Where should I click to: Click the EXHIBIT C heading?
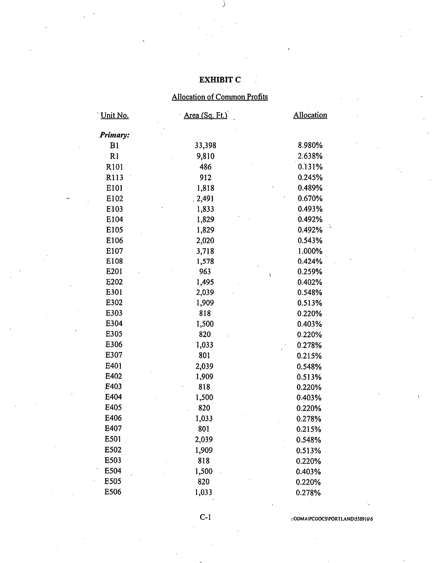pyautogui.click(x=220, y=80)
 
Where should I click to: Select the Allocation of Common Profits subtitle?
pyautogui.click(x=220, y=97)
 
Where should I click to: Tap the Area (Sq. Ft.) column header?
pyautogui.click(x=205, y=115)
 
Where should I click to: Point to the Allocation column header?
pyautogui.click(x=310, y=115)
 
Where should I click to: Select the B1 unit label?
pyautogui.click(x=114, y=146)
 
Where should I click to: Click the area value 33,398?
pyautogui.click(x=205, y=146)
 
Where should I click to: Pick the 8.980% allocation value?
pyautogui.click(x=310, y=146)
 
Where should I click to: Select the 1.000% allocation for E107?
pyautogui.click(x=310, y=251)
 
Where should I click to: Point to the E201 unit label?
pyautogui.click(x=114, y=271)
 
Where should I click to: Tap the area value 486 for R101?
pyautogui.click(x=205, y=167)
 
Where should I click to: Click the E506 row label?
pyautogui.click(x=113, y=492)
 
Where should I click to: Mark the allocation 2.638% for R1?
pyautogui.click(x=310, y=156)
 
